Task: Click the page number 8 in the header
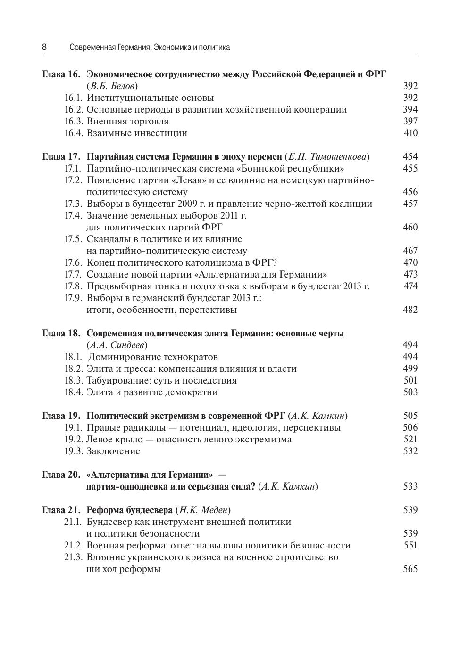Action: click(44, 47)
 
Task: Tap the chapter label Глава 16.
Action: click(61, 74)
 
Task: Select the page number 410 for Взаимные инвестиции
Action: click(410, 133)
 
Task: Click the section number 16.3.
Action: click(74, 122)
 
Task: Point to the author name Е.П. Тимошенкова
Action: click(327, 157)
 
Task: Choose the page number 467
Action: click(410, 251)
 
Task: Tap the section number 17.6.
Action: click(74, 263)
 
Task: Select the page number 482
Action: click(410, 310)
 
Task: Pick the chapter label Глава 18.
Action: click(61, 334)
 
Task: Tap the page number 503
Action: click(410, 392)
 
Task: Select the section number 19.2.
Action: click(74, 440)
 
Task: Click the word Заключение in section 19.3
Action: click(113, 451)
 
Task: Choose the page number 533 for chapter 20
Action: click(410, 487)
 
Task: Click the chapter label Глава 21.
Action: click(61, 510)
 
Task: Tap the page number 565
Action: click(410, 569)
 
